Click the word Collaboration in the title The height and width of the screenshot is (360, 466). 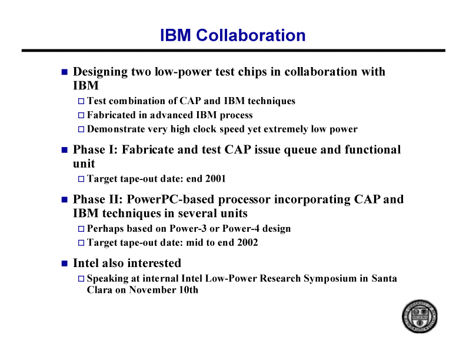point(251,35)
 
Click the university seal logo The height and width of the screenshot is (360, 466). point(420,316)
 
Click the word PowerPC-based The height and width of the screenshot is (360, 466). point(170,199)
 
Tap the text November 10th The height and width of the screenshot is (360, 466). point(164,290)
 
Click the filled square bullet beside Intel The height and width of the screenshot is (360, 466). point(65,264)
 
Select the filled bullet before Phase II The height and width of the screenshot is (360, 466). point(65,199)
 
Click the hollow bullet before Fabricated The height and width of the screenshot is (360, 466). point(81,115)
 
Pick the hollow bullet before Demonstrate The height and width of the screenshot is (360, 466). point(81,129)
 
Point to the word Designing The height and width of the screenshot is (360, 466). point(100,72)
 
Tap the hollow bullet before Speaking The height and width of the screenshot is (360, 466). point(81,279)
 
